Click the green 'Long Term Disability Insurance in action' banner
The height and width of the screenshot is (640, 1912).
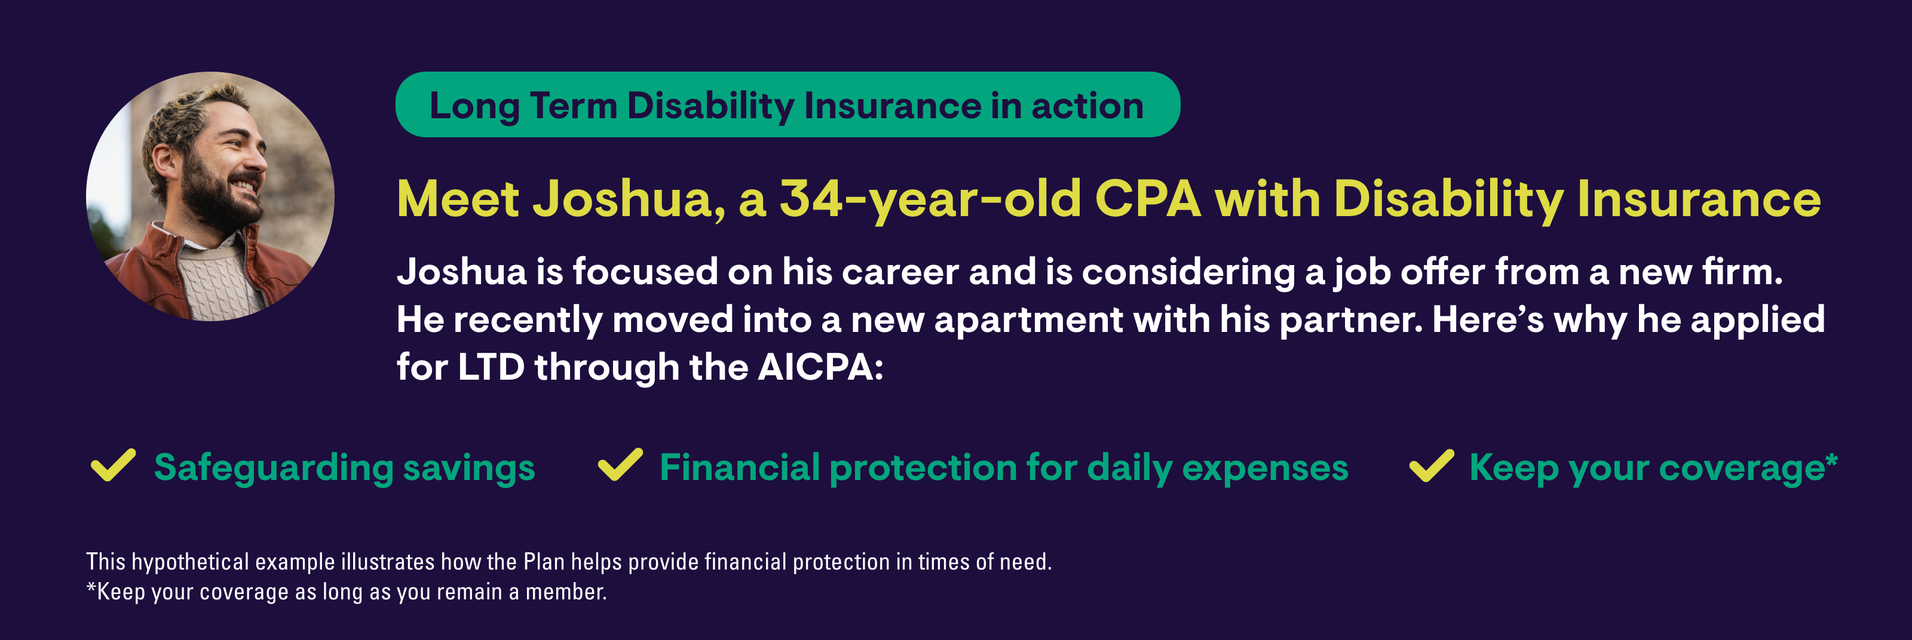coord(788,104)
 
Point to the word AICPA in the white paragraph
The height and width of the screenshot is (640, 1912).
coord(820,367)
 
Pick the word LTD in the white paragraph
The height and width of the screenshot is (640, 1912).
coord(491,367)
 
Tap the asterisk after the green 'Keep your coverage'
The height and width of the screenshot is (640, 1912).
coord(1831,460)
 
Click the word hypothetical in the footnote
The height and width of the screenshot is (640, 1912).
coord(190,562)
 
